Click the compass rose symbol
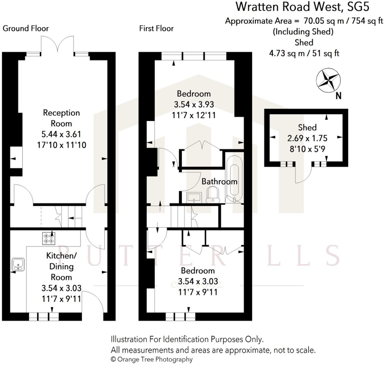(x=328, y=81)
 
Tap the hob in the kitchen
(x=48, y=238)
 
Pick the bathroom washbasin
(x=194, y=197)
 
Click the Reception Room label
(x=61, y=118)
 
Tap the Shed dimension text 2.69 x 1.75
(x=307, y=138)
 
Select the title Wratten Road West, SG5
(x=302, y=7)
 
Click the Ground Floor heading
(x=26, y=28)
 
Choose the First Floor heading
(x=156, y=28)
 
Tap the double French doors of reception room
(x=57, y=44)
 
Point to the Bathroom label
(x=219, y=182)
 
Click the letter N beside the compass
(x=338, y=96)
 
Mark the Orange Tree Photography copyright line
(x=152, y=359)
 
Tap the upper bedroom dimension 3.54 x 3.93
(x=194, y=105)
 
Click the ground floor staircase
(x=71, y=217)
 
